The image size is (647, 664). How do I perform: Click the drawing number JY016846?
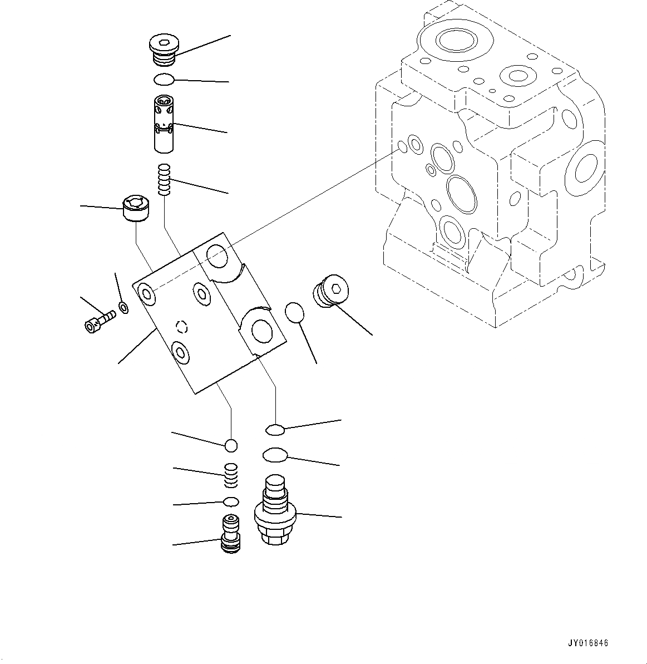588,643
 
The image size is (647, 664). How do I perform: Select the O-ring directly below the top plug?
164,80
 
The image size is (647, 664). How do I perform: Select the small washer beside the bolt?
124,307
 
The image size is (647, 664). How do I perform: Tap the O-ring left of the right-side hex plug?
295,313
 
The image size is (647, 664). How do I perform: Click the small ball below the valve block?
231,445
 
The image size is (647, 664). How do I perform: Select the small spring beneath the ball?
231,475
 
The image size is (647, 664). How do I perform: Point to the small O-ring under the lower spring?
231,501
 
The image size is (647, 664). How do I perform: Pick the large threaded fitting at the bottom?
275,510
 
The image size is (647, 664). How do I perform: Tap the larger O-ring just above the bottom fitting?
274,455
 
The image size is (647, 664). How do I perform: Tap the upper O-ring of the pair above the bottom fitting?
275,429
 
